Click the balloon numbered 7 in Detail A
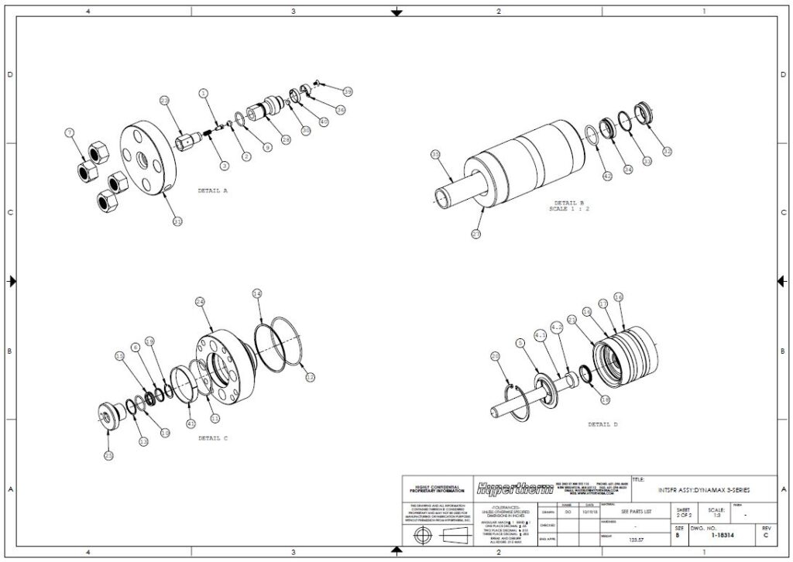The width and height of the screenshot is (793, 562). coord(70,134)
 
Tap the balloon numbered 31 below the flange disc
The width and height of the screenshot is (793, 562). coord(177,222)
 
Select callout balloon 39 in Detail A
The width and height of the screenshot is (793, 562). coord(348,92)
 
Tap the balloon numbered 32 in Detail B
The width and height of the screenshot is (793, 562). coord(667,151)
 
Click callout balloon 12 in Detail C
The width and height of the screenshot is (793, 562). coord(311,377)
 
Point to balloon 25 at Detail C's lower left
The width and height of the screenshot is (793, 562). coord(109,455)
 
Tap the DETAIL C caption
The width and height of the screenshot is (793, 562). coord(213,438)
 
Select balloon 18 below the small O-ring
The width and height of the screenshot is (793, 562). coord(606,399)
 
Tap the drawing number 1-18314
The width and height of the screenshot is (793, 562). coord(726,534)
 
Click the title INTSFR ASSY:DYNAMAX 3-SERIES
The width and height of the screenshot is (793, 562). coord(703,490)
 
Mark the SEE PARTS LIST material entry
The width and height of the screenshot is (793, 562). coord(637,512)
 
